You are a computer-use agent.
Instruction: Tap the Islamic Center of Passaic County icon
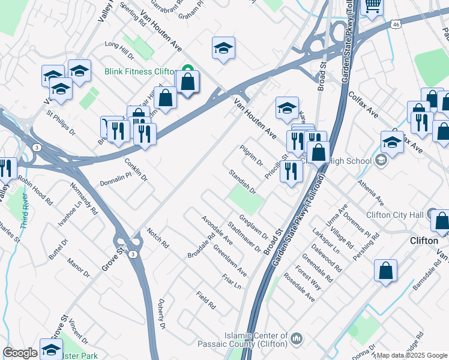click(x=296, y=340)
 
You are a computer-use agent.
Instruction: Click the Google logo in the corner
click(x=20, y=353)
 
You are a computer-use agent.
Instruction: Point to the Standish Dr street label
click(x=243, y=182)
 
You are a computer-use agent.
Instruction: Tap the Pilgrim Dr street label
click(x=251, y=154)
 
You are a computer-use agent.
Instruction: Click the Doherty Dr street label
click(x=161, y=313)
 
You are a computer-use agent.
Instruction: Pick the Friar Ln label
click(x=231, y=281)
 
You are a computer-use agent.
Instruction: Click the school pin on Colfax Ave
click(x=392, y=143)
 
